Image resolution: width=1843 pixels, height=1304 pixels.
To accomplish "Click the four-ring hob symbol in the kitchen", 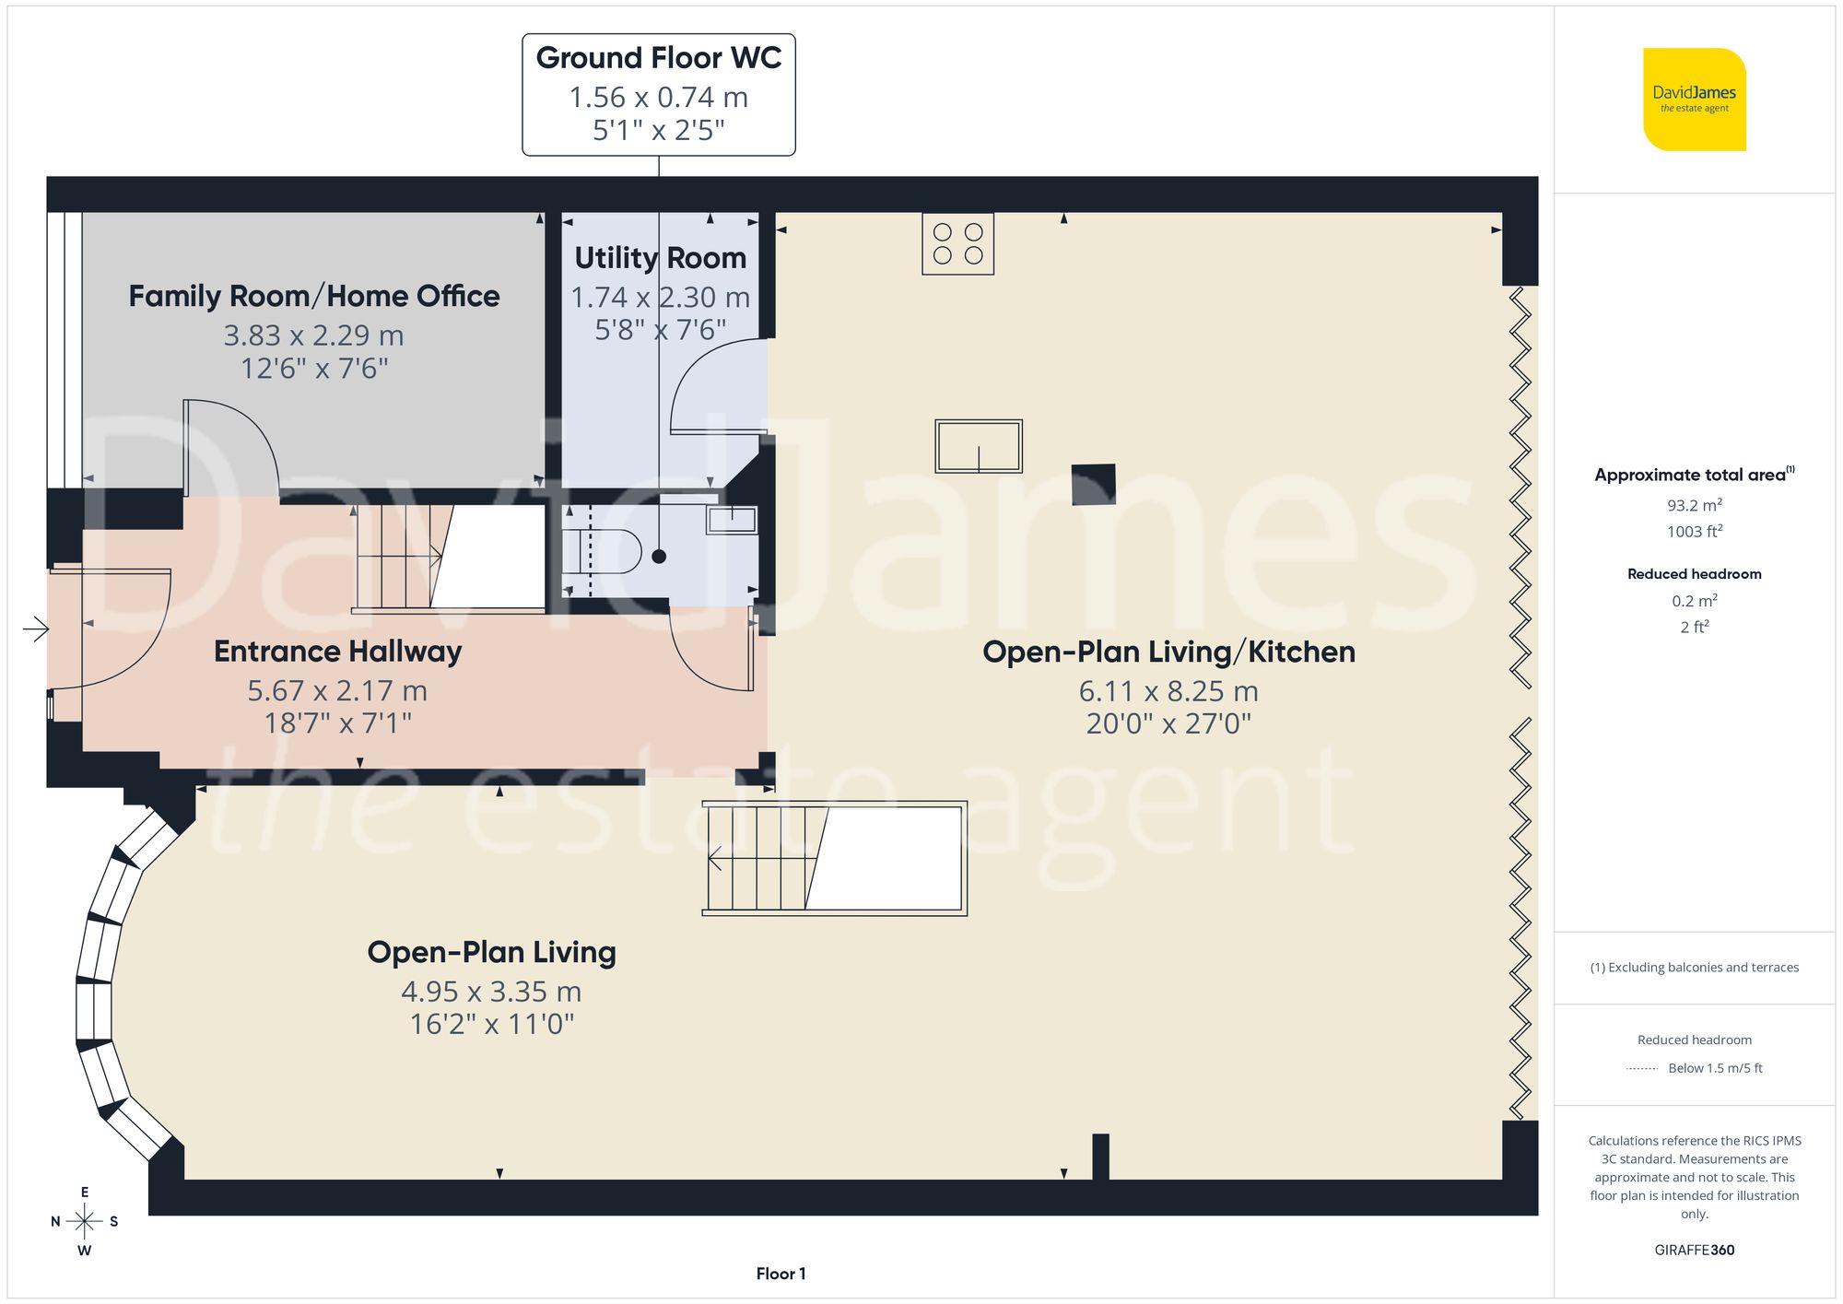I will point(957,244).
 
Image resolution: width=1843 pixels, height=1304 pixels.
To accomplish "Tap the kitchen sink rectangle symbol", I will point(979,446).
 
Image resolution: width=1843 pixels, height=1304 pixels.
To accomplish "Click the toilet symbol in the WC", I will point(603,551).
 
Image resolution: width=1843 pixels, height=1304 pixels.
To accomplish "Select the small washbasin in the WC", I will point(732,520).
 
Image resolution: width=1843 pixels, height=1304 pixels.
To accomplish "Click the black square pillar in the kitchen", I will point(1093,485).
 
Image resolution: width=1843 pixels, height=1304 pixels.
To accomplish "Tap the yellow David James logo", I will point(1694,100).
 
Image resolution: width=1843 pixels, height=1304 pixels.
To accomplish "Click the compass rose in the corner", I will point(84,1222).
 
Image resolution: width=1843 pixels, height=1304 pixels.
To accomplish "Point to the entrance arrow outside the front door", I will point(36,629).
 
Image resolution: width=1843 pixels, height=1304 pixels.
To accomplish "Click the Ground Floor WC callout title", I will point(658,58).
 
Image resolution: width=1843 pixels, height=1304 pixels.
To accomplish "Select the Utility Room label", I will point(660,258).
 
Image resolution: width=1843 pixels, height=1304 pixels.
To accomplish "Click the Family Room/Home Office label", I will point(313,296).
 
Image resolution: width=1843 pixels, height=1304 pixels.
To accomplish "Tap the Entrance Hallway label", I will point(337,652).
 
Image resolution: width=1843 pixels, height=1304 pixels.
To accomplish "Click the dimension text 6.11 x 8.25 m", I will point(1168,691).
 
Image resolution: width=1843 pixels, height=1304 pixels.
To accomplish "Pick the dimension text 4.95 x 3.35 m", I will point(491,992).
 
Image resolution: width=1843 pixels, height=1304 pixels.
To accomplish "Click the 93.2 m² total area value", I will point(1694,505).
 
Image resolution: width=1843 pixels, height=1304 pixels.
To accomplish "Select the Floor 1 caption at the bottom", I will point(781,1274).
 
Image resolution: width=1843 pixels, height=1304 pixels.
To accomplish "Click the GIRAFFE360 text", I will point(1694,1251).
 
